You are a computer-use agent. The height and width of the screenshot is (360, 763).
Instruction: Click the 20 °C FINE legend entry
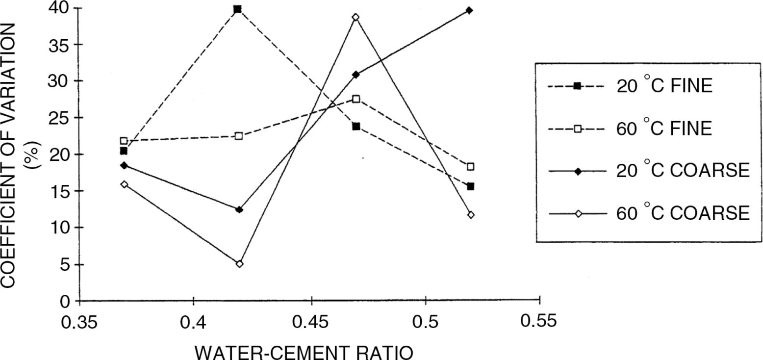point(630,86)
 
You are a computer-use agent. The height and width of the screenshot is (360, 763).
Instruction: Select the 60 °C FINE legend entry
point(630,129)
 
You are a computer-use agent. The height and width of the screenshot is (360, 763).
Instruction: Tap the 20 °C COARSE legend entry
point(649,171)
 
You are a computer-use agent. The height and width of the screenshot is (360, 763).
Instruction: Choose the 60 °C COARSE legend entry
point(649,214)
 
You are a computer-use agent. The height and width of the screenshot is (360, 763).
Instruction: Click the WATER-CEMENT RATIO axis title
point(304,353)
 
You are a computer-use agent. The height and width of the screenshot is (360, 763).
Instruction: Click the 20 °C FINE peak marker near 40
point(238,9)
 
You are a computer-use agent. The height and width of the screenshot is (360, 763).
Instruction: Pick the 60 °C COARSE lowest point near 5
point(239,264)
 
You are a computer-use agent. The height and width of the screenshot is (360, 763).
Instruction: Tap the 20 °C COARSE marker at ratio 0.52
point(469,10)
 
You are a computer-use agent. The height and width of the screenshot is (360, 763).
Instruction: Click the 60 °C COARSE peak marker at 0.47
point(356,17)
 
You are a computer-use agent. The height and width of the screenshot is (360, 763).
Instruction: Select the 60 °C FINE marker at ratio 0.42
point(239,136)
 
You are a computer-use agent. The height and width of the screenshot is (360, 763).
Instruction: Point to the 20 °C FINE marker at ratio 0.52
point(470,186)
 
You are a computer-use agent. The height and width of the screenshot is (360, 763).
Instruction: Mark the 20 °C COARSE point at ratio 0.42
point(239,209)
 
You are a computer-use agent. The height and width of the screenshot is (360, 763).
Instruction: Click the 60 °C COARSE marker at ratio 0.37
point(125,184)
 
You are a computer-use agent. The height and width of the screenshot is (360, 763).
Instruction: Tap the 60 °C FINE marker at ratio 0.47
point(356,99)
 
